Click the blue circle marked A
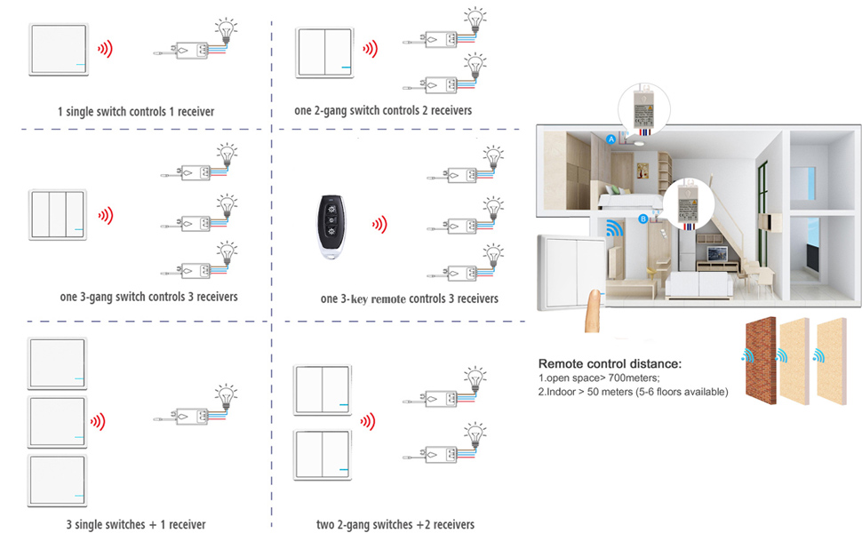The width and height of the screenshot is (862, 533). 611,139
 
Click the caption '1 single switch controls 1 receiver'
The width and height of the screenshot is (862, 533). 136,112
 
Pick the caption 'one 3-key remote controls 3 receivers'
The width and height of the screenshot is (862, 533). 409,299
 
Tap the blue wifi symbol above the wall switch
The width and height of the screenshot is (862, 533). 612,230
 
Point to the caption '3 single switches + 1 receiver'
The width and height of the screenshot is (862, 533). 136,525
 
